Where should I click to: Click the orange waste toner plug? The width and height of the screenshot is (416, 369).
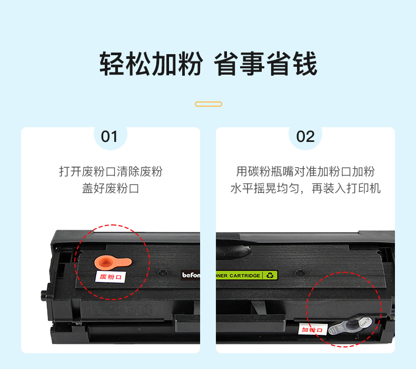pos(113,262)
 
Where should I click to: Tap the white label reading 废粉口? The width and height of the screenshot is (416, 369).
pos(111,277)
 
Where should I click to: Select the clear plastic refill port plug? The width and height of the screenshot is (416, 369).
pos(350,326)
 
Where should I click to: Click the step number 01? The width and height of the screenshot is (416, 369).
pos(109,137)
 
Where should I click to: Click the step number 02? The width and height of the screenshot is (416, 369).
pos(305,137)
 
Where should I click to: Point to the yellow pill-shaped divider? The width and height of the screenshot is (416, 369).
pos(209,104)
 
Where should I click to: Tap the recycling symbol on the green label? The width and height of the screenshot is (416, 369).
pos(270,275)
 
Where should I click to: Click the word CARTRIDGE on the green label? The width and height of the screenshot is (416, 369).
pos(245,276)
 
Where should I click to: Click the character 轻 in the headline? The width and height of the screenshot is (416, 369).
pos(112,64)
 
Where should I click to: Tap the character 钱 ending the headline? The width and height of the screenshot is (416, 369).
pos(305,64)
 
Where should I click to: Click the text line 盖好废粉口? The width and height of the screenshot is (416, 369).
pos(111,188)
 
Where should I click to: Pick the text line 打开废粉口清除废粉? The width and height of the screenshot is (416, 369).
pos(111,171)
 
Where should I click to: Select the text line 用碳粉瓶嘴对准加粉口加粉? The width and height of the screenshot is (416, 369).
pos(305,171)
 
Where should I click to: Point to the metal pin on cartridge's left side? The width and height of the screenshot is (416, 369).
pos(44,294)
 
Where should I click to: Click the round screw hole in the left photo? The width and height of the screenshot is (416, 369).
pos(162,273)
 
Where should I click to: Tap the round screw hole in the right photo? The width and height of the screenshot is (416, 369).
pos(300,273)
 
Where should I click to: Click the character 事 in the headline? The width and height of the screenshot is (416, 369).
pos(252,64)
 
